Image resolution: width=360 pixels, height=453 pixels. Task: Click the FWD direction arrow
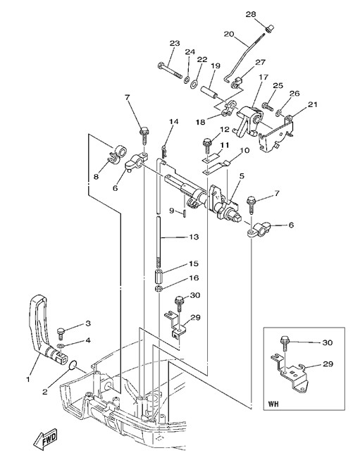(45, 439)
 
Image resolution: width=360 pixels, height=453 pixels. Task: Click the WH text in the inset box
(273, 404)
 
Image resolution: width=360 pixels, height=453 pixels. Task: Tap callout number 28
(251, 14)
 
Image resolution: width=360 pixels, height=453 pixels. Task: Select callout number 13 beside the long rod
(194, 237)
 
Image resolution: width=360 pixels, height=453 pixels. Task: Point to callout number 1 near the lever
(28, 379)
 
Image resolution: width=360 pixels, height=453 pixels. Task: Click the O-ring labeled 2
(73, 366)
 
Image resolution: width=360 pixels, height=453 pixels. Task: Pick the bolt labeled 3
(61, 334)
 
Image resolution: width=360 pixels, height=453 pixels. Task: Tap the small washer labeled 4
(60, 346)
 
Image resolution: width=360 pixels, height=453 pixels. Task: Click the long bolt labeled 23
(170, 70)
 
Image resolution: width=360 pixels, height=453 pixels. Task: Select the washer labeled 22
(194, 84)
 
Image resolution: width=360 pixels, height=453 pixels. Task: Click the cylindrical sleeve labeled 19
(209, 92)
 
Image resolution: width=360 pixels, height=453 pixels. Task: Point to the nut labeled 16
(158, 288)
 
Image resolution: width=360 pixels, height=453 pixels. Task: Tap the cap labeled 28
(269, 29)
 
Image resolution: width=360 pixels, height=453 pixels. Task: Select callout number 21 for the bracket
(312, 104)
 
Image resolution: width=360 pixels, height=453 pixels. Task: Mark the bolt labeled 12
(207, 147)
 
